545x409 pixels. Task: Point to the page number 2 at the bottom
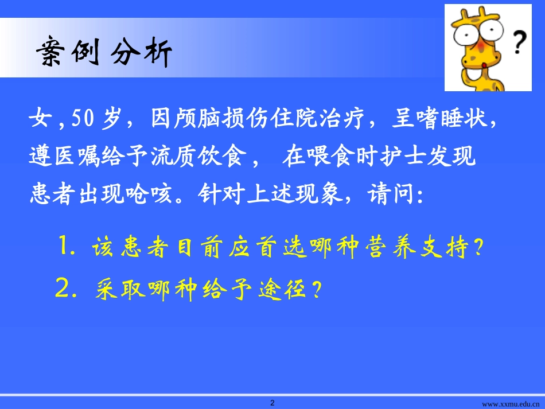[x=272, y=403]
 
